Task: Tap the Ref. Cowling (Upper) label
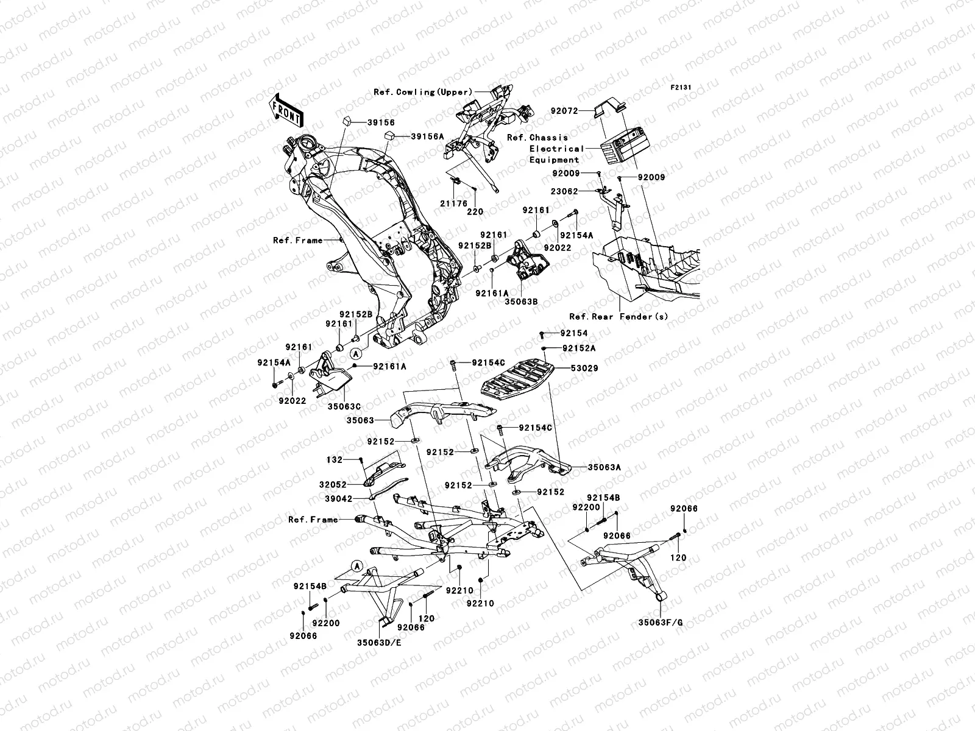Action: pyautogui.click(x=423, y=93)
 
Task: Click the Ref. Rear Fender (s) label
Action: pyautogui.click(x=619, y=317)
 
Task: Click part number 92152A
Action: pyautogui.click(x=578, y=348)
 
